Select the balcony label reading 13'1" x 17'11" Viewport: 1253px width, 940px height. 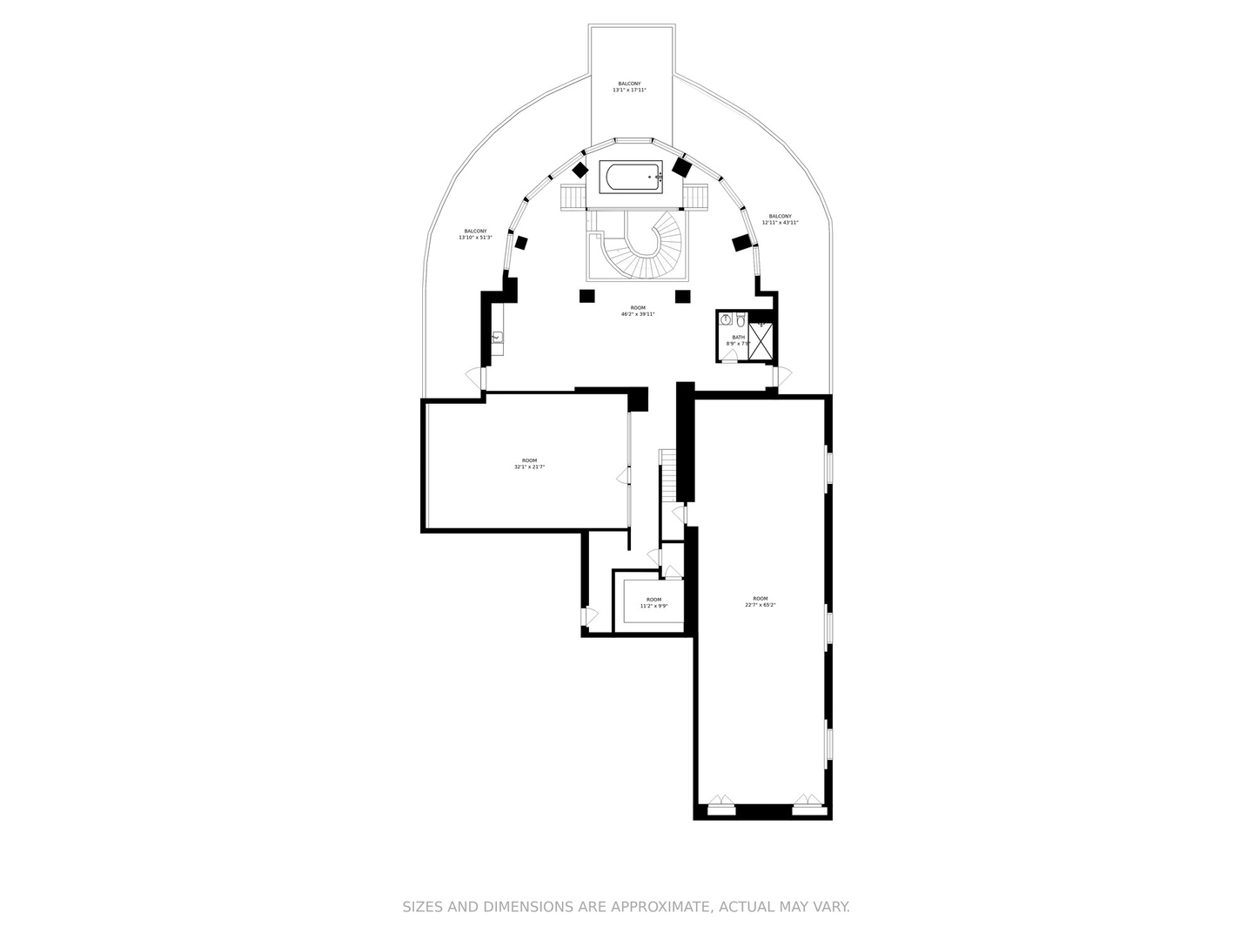point(629,87)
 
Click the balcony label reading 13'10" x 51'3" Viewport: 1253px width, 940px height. point(475,234)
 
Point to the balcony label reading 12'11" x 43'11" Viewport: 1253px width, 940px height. point(780,219)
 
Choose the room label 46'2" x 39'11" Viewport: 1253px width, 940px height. point(638,311)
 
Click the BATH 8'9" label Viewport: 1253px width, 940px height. point(738,340)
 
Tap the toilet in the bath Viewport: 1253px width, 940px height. point(740,319)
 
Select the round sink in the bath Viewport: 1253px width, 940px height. point(726,319)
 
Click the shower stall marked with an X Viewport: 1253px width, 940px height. point(761,341)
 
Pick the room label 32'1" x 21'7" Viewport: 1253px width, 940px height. point(529,464)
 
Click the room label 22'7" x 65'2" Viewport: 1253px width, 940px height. point(760,601)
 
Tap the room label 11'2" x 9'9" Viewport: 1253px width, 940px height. point(653,602)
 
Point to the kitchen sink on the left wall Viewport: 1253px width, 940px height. point(498,338)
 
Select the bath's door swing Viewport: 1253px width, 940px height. point(729,356)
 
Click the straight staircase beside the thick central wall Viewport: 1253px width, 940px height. point(667,474)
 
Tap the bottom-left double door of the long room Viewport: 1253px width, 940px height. point(720,803)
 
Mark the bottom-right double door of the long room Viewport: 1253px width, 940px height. point(807,803)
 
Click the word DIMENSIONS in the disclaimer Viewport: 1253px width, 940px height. point(522,907)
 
